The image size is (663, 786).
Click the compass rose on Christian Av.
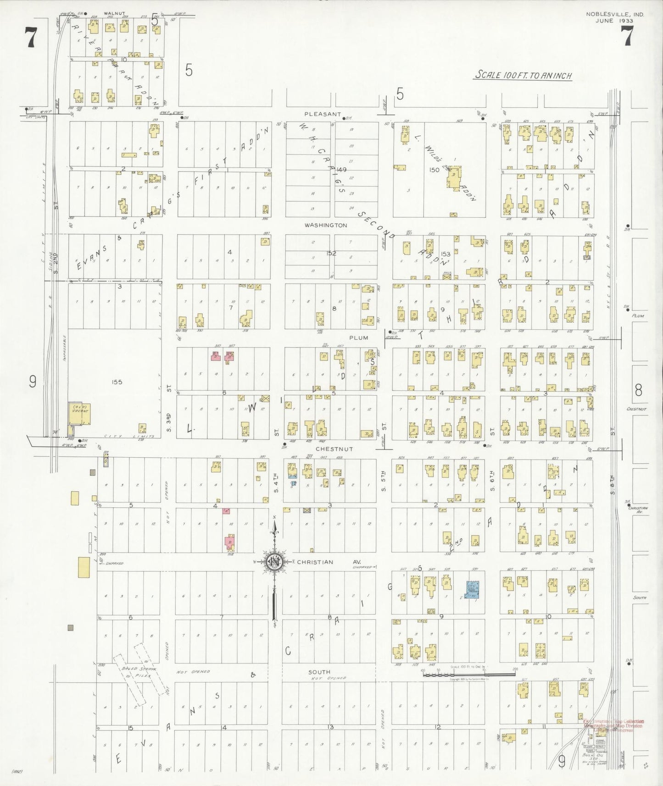[x=274, y=562]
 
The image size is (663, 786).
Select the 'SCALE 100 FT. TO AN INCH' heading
[x=523, y=75]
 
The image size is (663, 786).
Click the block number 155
[x=117, y=382]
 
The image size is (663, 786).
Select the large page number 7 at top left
[x=30, y=38]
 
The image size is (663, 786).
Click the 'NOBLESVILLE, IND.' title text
[x=614, y=14]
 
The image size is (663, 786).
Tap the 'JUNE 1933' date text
[x=614, y=21]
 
